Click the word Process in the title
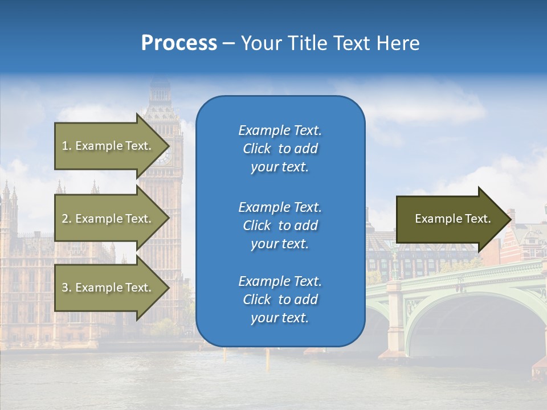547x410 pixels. pyautogui.click(x=179, y=43)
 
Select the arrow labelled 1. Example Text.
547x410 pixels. pyautogui.click(x=108, y=146)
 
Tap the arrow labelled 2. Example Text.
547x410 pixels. pyautogui.click(x=108, y=219)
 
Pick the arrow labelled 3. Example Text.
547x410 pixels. pyautogui.click(x=108, y=288)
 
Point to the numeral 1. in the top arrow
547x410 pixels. pyautogui.click(x=67, y=146)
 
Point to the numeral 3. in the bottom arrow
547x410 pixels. pyautogui.click(x=67, y=288)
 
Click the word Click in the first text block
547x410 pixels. pyautogui.click(x=256, y=149)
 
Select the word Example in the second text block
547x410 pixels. pyautogui.click(x=264, y=207)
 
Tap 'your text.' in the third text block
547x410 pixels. pyautogui.click(x=280, y=318)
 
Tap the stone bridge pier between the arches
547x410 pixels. pyautogui.click(x=394, y=319)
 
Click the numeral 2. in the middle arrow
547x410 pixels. pyautogui.click(x=67, y=219)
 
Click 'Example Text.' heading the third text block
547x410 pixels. pyautogui.click(x=280, y=281)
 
